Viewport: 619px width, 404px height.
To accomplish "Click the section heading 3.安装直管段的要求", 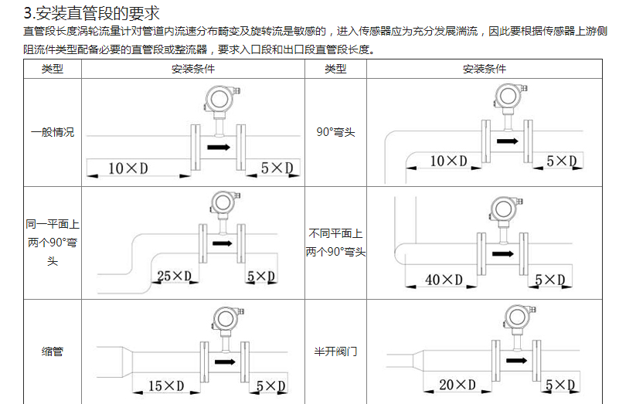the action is (92, 13).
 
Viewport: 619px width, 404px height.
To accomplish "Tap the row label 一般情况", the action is (53, 132).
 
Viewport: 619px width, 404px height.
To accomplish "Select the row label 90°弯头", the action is (335, 132).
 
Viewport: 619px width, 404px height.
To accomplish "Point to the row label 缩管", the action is (53, 351).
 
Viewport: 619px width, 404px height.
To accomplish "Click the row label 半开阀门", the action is (335, 351).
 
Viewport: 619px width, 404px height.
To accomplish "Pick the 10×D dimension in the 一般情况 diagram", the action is (128, 168).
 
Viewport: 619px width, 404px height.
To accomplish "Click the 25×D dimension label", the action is (174, 276).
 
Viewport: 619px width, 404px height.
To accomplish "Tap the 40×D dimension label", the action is (444, 280).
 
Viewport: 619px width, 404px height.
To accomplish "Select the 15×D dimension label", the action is (166, 385).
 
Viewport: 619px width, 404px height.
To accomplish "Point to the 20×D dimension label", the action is (457, 385).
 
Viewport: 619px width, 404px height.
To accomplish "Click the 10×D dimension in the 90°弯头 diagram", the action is (448, 161).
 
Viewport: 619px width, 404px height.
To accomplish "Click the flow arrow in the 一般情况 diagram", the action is (219, 148).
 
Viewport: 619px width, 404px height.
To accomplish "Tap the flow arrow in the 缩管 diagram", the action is (225, 362).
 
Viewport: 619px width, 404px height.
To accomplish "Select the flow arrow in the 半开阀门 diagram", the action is (516, 360).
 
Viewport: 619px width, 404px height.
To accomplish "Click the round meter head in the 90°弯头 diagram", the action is (508, 96).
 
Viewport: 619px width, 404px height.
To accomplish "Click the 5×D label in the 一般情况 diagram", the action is (277, 168).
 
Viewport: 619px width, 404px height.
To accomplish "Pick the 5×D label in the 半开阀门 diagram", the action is (560, 385).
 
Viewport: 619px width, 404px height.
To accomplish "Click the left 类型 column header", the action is (53, 69).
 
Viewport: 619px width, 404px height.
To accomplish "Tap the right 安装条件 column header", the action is (485, 69).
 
